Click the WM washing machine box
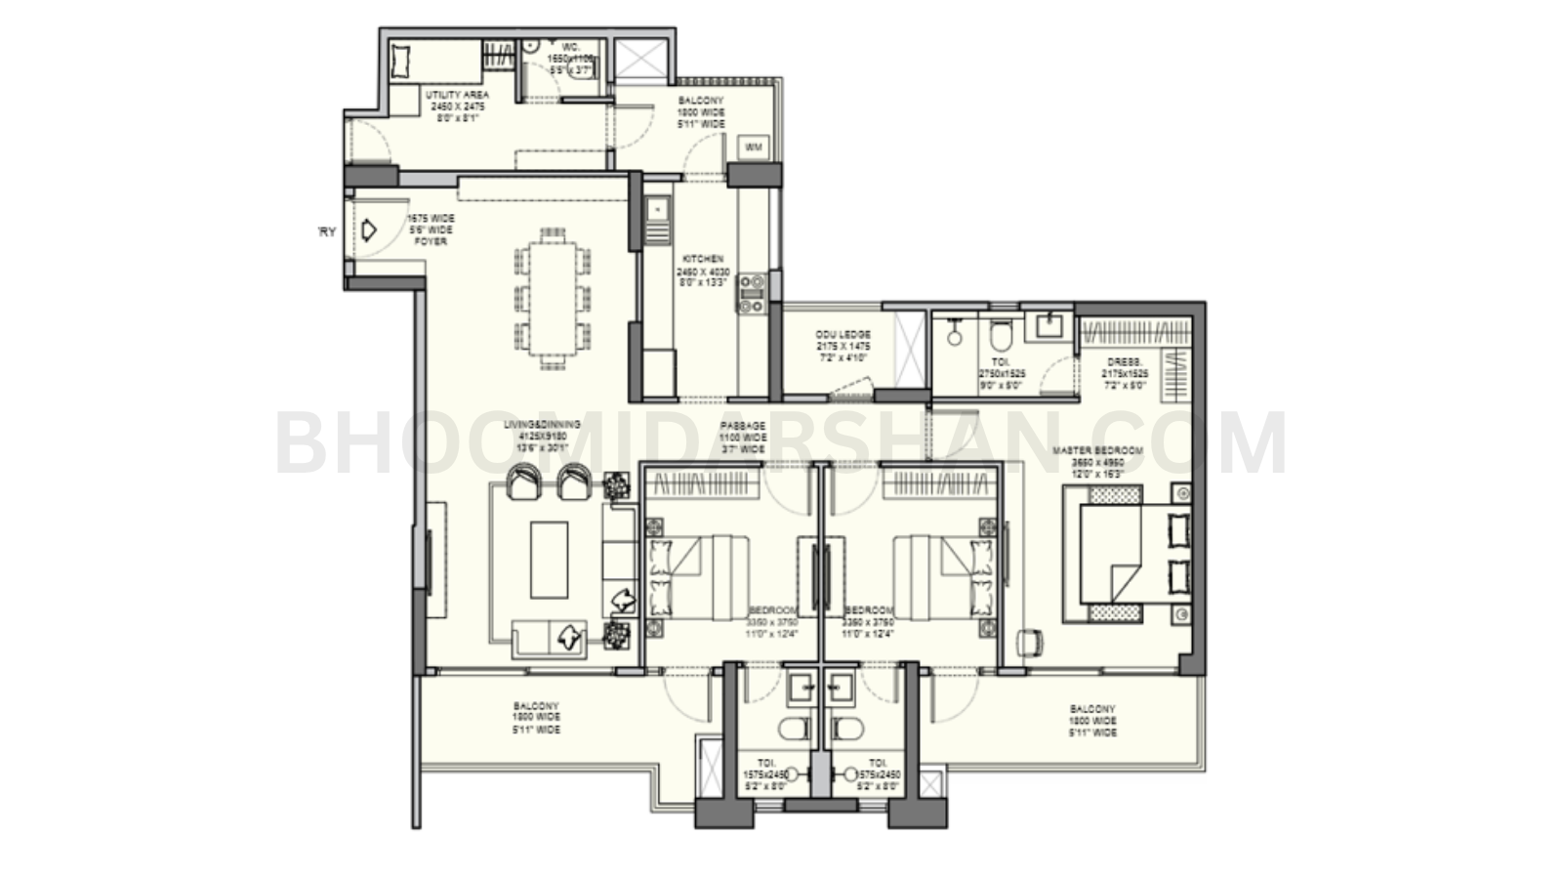tap(754, 146)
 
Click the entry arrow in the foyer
tap(369, 230)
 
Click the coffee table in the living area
tap(549, 560)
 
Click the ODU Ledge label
tap(843, 347)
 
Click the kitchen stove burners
tap(751, 293)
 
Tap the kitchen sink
tap(657, 209)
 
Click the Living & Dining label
tap(542, 437)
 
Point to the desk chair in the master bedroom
tap(1028, 641)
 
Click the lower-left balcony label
tap(536, 718)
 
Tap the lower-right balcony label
tap(1092, 721)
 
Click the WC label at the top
tap(571, 59)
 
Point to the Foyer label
tap(431, 230)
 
